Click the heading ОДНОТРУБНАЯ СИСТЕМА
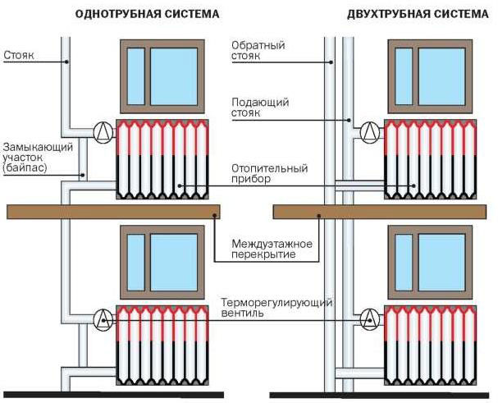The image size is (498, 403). click(x=147, y=14)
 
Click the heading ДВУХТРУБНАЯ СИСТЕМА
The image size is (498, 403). click(x=418, y=14)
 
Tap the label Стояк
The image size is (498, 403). click(x=19, y=55)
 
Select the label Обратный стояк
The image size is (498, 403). click(x=258, y=51)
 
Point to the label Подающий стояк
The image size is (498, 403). click(x=260, y=108)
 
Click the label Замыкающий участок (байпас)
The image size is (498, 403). click(x=38, y=157)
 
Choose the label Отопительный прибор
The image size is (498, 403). click(x=270, y=173)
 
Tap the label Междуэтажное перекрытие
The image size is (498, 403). click(x=272, y=250)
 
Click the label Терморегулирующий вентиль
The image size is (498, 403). click(x=276, y=307)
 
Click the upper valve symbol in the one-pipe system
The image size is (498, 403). click(x=103, y=132)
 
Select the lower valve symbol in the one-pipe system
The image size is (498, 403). click(x=103, y=319)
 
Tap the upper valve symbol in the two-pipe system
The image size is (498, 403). click(x=370, y=132)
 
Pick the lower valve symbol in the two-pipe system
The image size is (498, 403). click(x=370, y=319)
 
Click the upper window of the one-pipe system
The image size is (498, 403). click(x=162, y=76)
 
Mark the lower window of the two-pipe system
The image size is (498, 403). click(x=430, y=262)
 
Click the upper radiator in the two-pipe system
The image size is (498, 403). click(x=431, y=159)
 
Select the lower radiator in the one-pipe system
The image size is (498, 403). click(x=162, y=346)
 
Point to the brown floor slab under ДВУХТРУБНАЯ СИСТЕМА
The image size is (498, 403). click(x=380, y=212)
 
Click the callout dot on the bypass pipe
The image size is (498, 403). click(x=83, y=175)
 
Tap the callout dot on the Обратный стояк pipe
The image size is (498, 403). click(x=331, y=62)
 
